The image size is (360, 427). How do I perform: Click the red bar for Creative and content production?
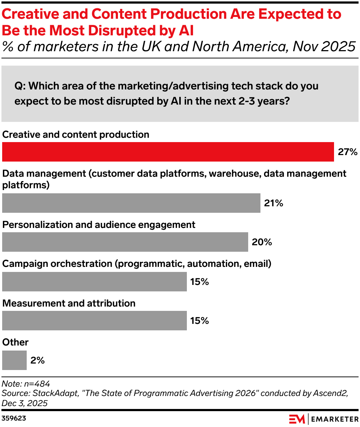168,152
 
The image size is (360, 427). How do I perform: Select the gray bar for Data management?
131,203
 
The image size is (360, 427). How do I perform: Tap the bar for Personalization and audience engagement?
125,242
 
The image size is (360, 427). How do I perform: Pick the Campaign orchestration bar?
94,282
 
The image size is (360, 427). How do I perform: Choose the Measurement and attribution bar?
94,321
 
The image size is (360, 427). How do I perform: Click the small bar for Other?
14,360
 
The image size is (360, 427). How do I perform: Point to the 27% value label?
347,152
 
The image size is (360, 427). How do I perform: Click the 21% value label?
273,203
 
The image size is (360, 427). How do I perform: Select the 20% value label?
262,242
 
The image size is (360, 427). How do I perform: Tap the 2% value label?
38,360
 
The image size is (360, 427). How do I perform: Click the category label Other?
16,342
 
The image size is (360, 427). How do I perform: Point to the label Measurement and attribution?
69,303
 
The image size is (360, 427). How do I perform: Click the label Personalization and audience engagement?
99,225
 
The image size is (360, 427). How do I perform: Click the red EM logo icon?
297,419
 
